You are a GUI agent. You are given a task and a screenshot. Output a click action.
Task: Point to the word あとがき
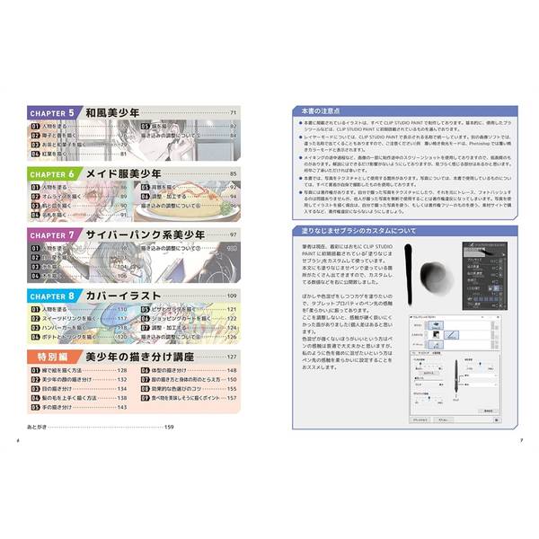click(40, 427)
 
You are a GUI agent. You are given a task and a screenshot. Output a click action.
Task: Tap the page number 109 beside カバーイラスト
click(231, 296)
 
